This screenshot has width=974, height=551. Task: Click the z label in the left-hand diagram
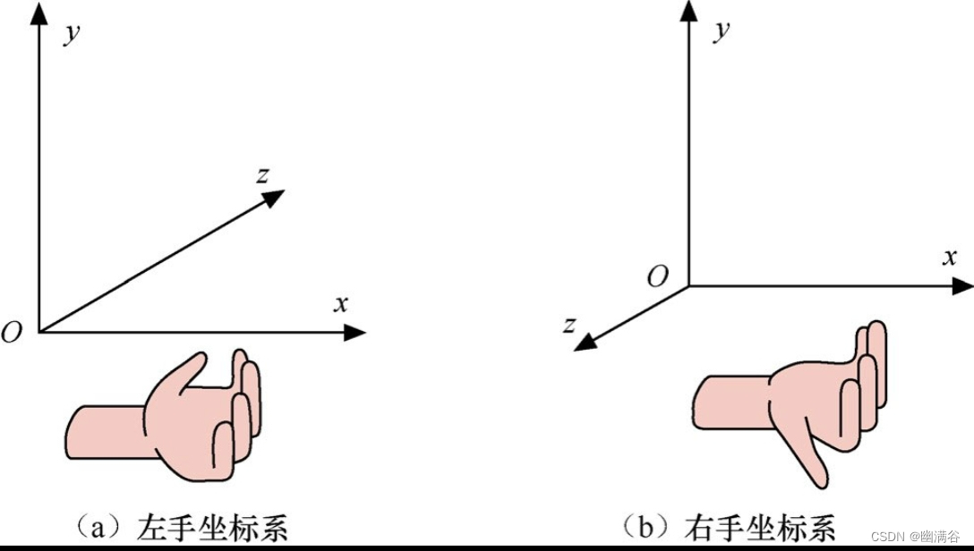coord(262,175)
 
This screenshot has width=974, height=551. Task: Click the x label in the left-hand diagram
coord(340,303)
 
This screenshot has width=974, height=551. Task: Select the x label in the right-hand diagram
coord(950,257)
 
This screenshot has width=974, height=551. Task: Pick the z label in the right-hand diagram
coord(568,324)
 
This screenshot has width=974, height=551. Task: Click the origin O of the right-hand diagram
coord(658,276)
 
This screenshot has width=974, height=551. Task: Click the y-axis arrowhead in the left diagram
coord(38,14)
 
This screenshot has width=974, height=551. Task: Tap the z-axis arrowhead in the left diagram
coord(275,198)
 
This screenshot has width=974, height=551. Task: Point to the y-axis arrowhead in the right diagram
coord(688,11)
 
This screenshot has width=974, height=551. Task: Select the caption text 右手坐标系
coord(759,526)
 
